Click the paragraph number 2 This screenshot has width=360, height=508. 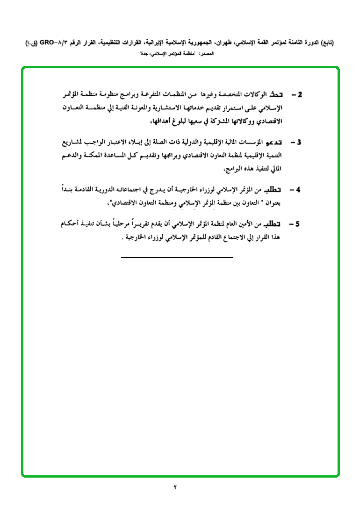click(x=300, y=95)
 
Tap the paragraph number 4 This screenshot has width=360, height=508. click(x=300, y=190)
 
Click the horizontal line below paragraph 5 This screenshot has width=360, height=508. click(x=177, y=257)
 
